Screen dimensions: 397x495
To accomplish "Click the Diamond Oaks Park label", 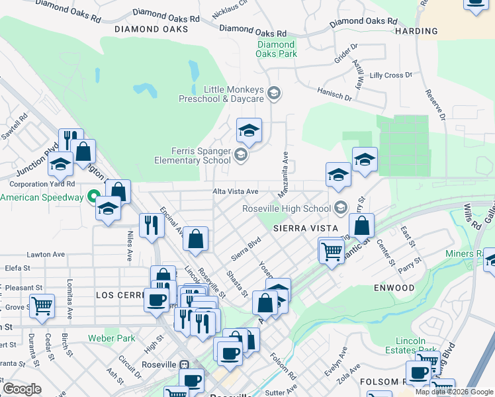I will point(277,50).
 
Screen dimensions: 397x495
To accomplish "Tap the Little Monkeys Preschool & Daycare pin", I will point(274,94).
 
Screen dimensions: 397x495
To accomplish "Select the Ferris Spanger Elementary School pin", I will point(240,156).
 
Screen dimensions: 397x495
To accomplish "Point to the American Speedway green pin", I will point(93,198).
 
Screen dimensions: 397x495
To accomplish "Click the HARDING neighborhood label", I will point(416,31).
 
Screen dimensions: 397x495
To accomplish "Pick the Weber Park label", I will point(111,338).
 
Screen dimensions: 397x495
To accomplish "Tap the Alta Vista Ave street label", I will point(235,191).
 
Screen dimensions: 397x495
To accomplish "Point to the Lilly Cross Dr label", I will point(391,75).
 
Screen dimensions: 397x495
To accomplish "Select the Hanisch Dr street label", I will point(334,95).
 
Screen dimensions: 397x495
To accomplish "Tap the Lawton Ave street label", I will point(46,254).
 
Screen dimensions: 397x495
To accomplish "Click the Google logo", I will point(22,388).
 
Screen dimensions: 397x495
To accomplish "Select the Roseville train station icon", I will point(185,365).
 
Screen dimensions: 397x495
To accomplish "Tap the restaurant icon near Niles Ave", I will point(152,226).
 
